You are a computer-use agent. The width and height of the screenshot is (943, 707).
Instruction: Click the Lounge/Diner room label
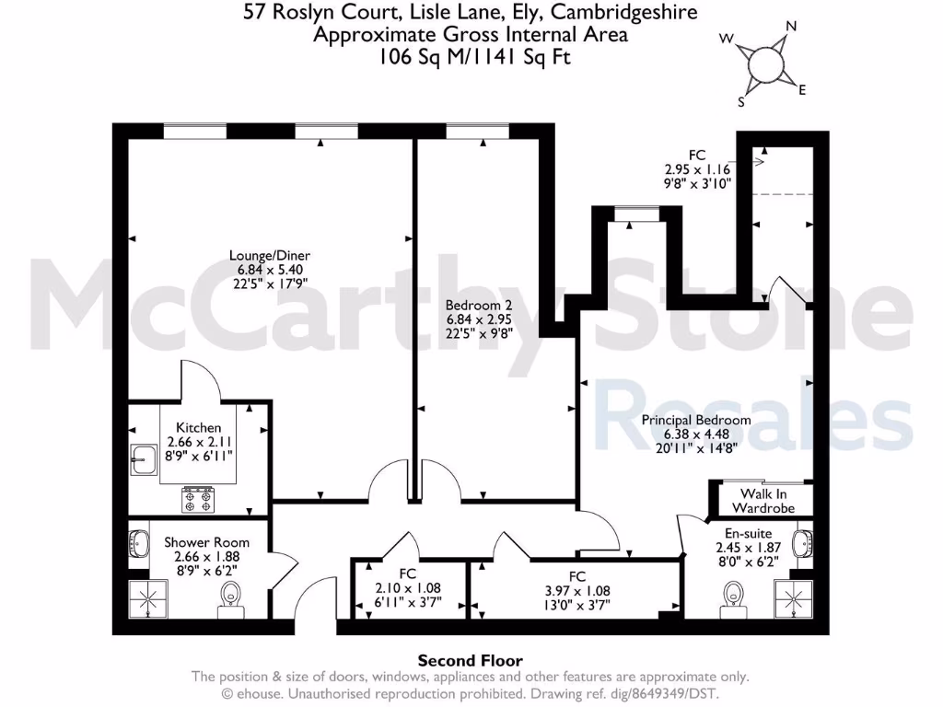click(270, 255)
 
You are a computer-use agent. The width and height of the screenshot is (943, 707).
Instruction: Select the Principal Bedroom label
click(695, 420)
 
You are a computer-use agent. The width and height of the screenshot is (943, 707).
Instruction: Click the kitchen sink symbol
click(145, 458)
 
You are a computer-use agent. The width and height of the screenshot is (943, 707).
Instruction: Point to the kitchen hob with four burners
click(198, 499)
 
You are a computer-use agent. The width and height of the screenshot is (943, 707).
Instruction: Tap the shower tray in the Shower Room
click(146, 600)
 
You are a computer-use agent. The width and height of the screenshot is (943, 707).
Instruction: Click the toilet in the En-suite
click(733, 601)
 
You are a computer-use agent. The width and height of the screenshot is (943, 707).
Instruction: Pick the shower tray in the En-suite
click(793, 599)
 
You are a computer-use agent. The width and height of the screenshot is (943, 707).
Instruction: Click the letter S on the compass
click(742, 102)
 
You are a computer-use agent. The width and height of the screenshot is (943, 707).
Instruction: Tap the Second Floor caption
click(471, 660)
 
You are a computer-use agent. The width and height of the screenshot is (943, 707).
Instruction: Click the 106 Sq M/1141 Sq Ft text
click(470, 55)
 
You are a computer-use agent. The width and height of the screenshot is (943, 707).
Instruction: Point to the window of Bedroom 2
click(476, 132)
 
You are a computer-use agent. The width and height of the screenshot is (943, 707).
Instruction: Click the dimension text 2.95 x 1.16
click(696, 169)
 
